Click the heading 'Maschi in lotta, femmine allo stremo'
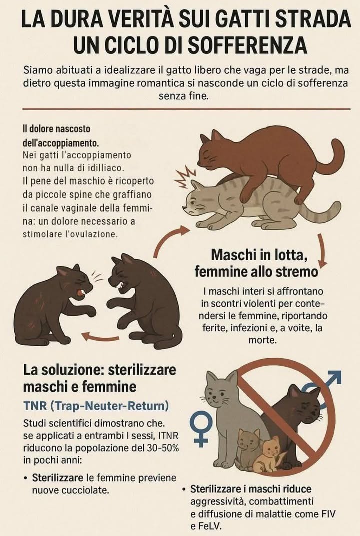pyautogui.click(x=256, y=263)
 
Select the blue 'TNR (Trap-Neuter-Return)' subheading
pyautogui.click(x=96, y=404)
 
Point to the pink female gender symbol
pyautogui.click(x=201, y=429)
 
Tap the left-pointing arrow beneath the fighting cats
pyautogui.click(x=100, y=337)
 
